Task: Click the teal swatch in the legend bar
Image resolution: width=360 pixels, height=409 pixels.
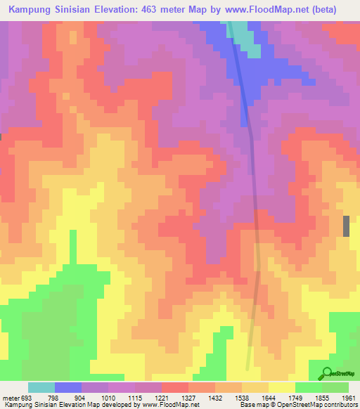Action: (x=41, y=387)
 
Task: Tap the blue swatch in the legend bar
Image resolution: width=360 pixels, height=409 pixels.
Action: (x=68, y=387)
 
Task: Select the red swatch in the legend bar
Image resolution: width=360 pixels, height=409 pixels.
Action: (x=175, y=387)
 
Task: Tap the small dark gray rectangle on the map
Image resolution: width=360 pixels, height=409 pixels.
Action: (x=346, y=226)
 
